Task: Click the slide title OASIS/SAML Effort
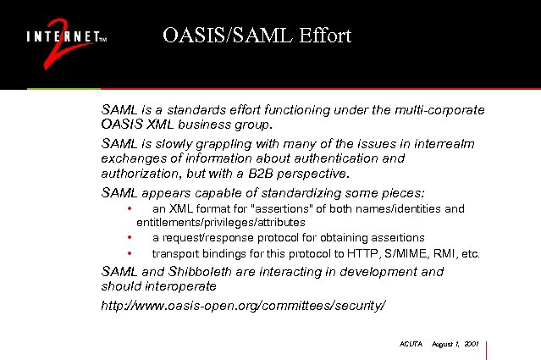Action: click(x=257, y=36)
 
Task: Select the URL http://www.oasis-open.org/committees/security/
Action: click(x=243, y=303)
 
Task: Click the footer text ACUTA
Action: click(x=410, y=344)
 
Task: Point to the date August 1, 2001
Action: click(x=455, y=344)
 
